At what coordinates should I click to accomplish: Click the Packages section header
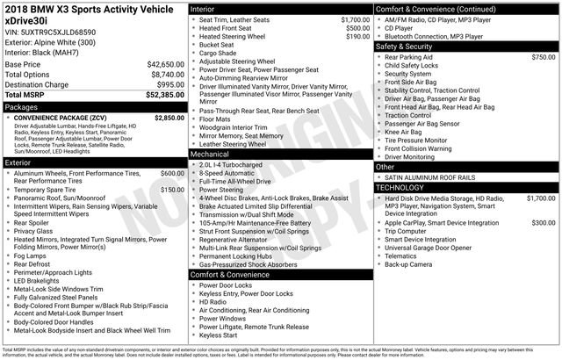pos(22,106)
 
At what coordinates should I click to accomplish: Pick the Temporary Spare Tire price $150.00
pos(172,190)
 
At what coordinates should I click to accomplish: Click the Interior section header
pos(206,7)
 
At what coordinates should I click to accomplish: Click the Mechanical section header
pos(213,153)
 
